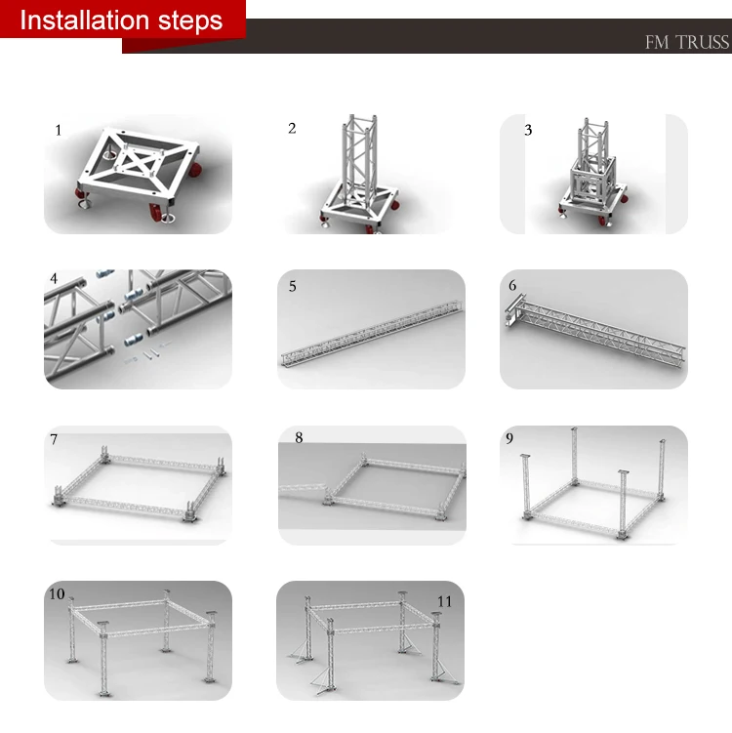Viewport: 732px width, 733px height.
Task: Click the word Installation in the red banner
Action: (85, 20)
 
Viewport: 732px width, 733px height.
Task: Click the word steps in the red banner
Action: (190, 21)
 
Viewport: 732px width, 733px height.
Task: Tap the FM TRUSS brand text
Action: (687, 42)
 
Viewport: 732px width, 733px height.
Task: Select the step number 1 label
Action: (59, 130)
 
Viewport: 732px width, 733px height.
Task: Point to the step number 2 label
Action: (292, 128)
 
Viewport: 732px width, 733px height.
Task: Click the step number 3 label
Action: (528, 130)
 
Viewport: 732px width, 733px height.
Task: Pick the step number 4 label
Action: (54, 278)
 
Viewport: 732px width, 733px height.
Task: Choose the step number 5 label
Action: (293, 286)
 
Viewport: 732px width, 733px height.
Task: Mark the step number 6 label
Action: (512, 285)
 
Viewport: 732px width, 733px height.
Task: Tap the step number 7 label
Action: (54, 439)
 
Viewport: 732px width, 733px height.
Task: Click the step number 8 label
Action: (300, 437)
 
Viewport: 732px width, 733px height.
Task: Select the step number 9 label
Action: (509, 438)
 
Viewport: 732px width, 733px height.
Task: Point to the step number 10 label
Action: (57, 593)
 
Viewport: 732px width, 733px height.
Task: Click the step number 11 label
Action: (445, 601)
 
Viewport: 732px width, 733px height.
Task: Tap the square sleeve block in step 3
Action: (591, 180)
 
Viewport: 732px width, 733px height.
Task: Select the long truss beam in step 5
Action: (372, 333)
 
